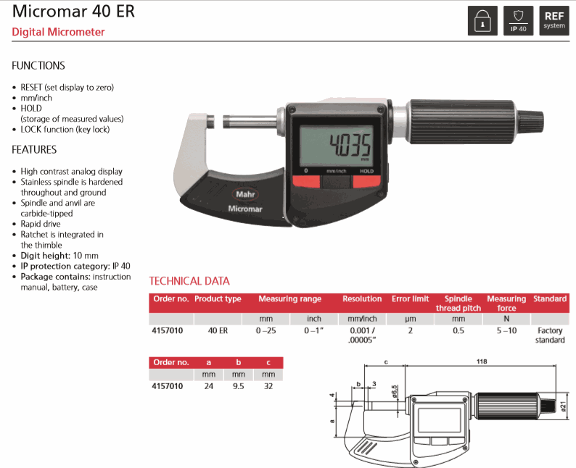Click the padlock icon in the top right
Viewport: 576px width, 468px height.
pyautogui.click(x=482, y=21)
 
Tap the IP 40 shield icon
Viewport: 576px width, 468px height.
pyautogui.click(x=518, y=21)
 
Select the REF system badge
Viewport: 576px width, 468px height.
pyautogui.click(x=554, y=21)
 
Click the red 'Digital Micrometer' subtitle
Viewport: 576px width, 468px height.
pyautogui.click(x=59, y=32)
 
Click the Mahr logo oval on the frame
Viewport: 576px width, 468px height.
pyautogui.click(x=245, y=194)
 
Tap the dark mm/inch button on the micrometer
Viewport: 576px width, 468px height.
pyautogui.click(x=336, y=183)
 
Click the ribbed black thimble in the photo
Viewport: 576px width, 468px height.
pyautogui.click(x=462, y=122)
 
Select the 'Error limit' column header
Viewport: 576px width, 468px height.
pyautogui.click(x=411, y=299)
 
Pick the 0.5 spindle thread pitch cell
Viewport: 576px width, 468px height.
pyautogui.click(x=458, y=330)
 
